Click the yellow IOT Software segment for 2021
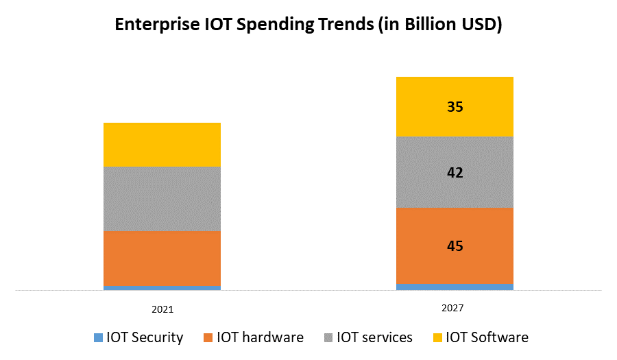(x=162, y=145)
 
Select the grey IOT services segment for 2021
(x=162, y=199)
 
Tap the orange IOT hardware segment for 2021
(x=162, y=259)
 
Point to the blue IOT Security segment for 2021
(x=162, y=288)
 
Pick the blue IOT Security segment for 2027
(x=455, y=287)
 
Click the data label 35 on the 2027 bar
(x=455, y=107)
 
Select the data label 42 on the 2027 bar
(x=455, y=173)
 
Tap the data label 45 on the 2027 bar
(x=455, y=245)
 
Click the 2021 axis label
(x=162, y=309)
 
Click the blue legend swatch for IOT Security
(x=99, y=337)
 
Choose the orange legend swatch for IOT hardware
(x=209, y=337)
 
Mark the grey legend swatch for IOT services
(x=328, y=337)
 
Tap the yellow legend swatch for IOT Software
(x=438, y=337)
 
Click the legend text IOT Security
(x=145, y=337)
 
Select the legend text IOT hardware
(x=260, y=337)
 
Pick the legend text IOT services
(x=374, y=337)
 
